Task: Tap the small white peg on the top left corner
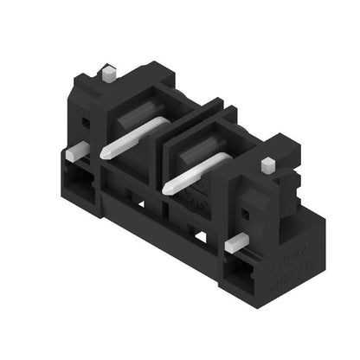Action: tap(109, 74)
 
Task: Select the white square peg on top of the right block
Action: tap(267, 164)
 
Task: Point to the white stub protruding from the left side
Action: tap(75, 151)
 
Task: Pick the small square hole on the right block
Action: tap(246, 212)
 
